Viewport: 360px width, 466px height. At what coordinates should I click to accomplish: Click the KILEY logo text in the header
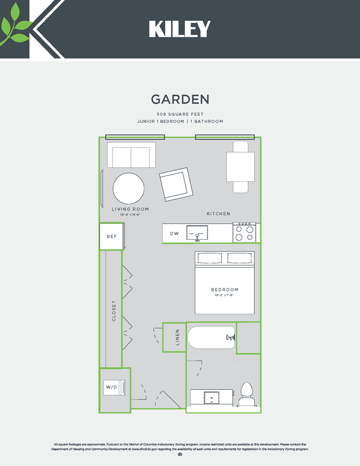180,29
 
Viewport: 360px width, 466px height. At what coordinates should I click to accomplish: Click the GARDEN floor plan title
180,99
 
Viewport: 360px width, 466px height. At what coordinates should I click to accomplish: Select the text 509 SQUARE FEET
180,114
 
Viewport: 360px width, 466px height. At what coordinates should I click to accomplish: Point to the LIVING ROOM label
130,209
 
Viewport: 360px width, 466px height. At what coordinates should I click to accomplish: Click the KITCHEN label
218,213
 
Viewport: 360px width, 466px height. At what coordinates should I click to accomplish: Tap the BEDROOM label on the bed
225,290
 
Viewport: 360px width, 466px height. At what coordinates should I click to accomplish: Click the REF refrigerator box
111,236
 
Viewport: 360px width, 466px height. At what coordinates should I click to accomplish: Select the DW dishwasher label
174,234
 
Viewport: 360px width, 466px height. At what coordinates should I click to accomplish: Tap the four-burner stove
244,232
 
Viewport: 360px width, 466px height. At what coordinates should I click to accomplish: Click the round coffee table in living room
129,189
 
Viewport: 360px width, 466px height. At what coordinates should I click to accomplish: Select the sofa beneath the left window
131,155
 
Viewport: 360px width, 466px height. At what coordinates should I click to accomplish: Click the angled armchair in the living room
176,185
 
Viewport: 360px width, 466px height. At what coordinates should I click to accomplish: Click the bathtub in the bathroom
211,337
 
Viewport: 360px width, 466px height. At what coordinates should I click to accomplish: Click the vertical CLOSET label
114,311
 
